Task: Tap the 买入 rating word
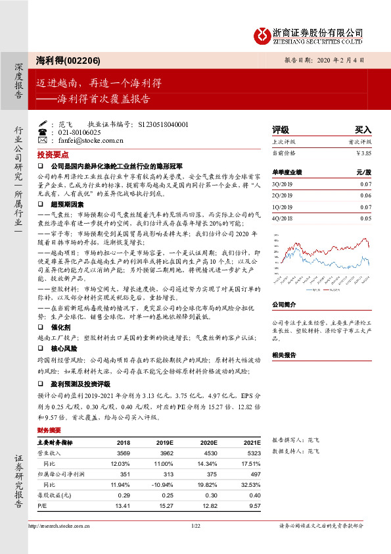(x=363, y=130)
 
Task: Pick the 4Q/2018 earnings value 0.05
(x=366, y=218)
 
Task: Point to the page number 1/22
(x=195, y=526)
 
